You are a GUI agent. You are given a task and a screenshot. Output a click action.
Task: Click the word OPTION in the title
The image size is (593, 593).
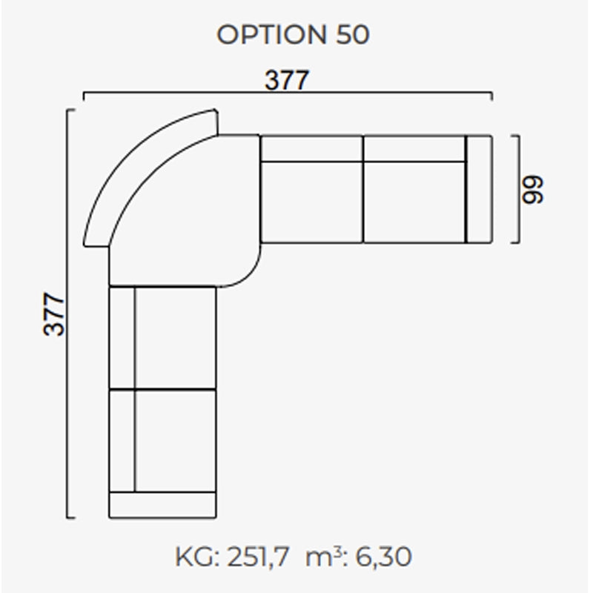pos(271,34)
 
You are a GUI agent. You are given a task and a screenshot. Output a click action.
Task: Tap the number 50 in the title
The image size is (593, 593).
pos(353,34)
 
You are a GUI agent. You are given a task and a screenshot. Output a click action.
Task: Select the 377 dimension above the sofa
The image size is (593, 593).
pos(287,80)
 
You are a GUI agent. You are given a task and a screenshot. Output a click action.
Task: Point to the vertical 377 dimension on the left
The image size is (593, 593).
pos(54,314)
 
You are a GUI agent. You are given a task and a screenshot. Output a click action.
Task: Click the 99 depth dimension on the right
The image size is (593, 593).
pos(532,190)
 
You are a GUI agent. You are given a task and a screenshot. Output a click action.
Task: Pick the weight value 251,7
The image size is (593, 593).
pos(258,557)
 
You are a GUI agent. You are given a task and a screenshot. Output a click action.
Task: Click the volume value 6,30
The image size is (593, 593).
pos(383,557)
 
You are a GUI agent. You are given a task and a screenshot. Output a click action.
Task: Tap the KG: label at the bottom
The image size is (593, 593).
pos(197,557)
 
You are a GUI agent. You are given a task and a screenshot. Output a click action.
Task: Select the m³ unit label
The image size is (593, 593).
pos(326,557)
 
